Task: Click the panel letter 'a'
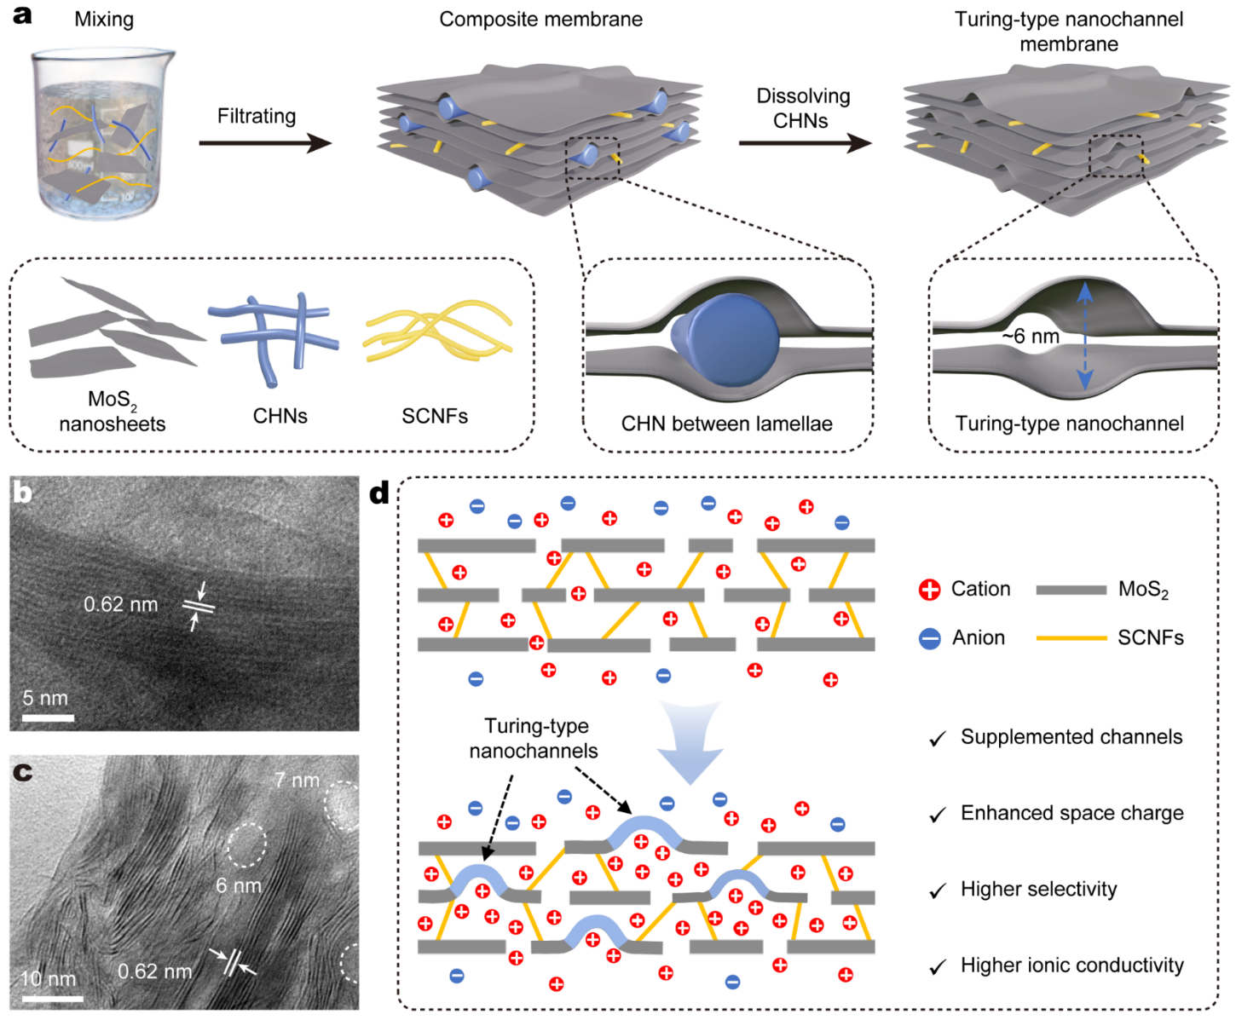click(23, 14)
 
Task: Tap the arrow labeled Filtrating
click(264, 142)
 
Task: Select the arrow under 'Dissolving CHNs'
click(804, 142)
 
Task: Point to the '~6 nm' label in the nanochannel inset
click(1031, 337)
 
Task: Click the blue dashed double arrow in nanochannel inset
click(1084, 337)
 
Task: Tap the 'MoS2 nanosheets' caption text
click(113, 412)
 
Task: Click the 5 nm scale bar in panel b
click(48, 718)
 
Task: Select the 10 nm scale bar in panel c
click(51, 997)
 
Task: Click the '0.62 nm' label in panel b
click(121, 605)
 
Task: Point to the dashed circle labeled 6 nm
click(247, 845)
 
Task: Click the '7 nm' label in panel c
click(297, 780)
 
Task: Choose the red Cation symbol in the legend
click(930, 590)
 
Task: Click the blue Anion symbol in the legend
click(930, 638)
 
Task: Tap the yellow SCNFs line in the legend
click(1071, 638)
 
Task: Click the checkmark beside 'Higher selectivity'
click(938, 891)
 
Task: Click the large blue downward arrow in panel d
click(691, 741)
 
